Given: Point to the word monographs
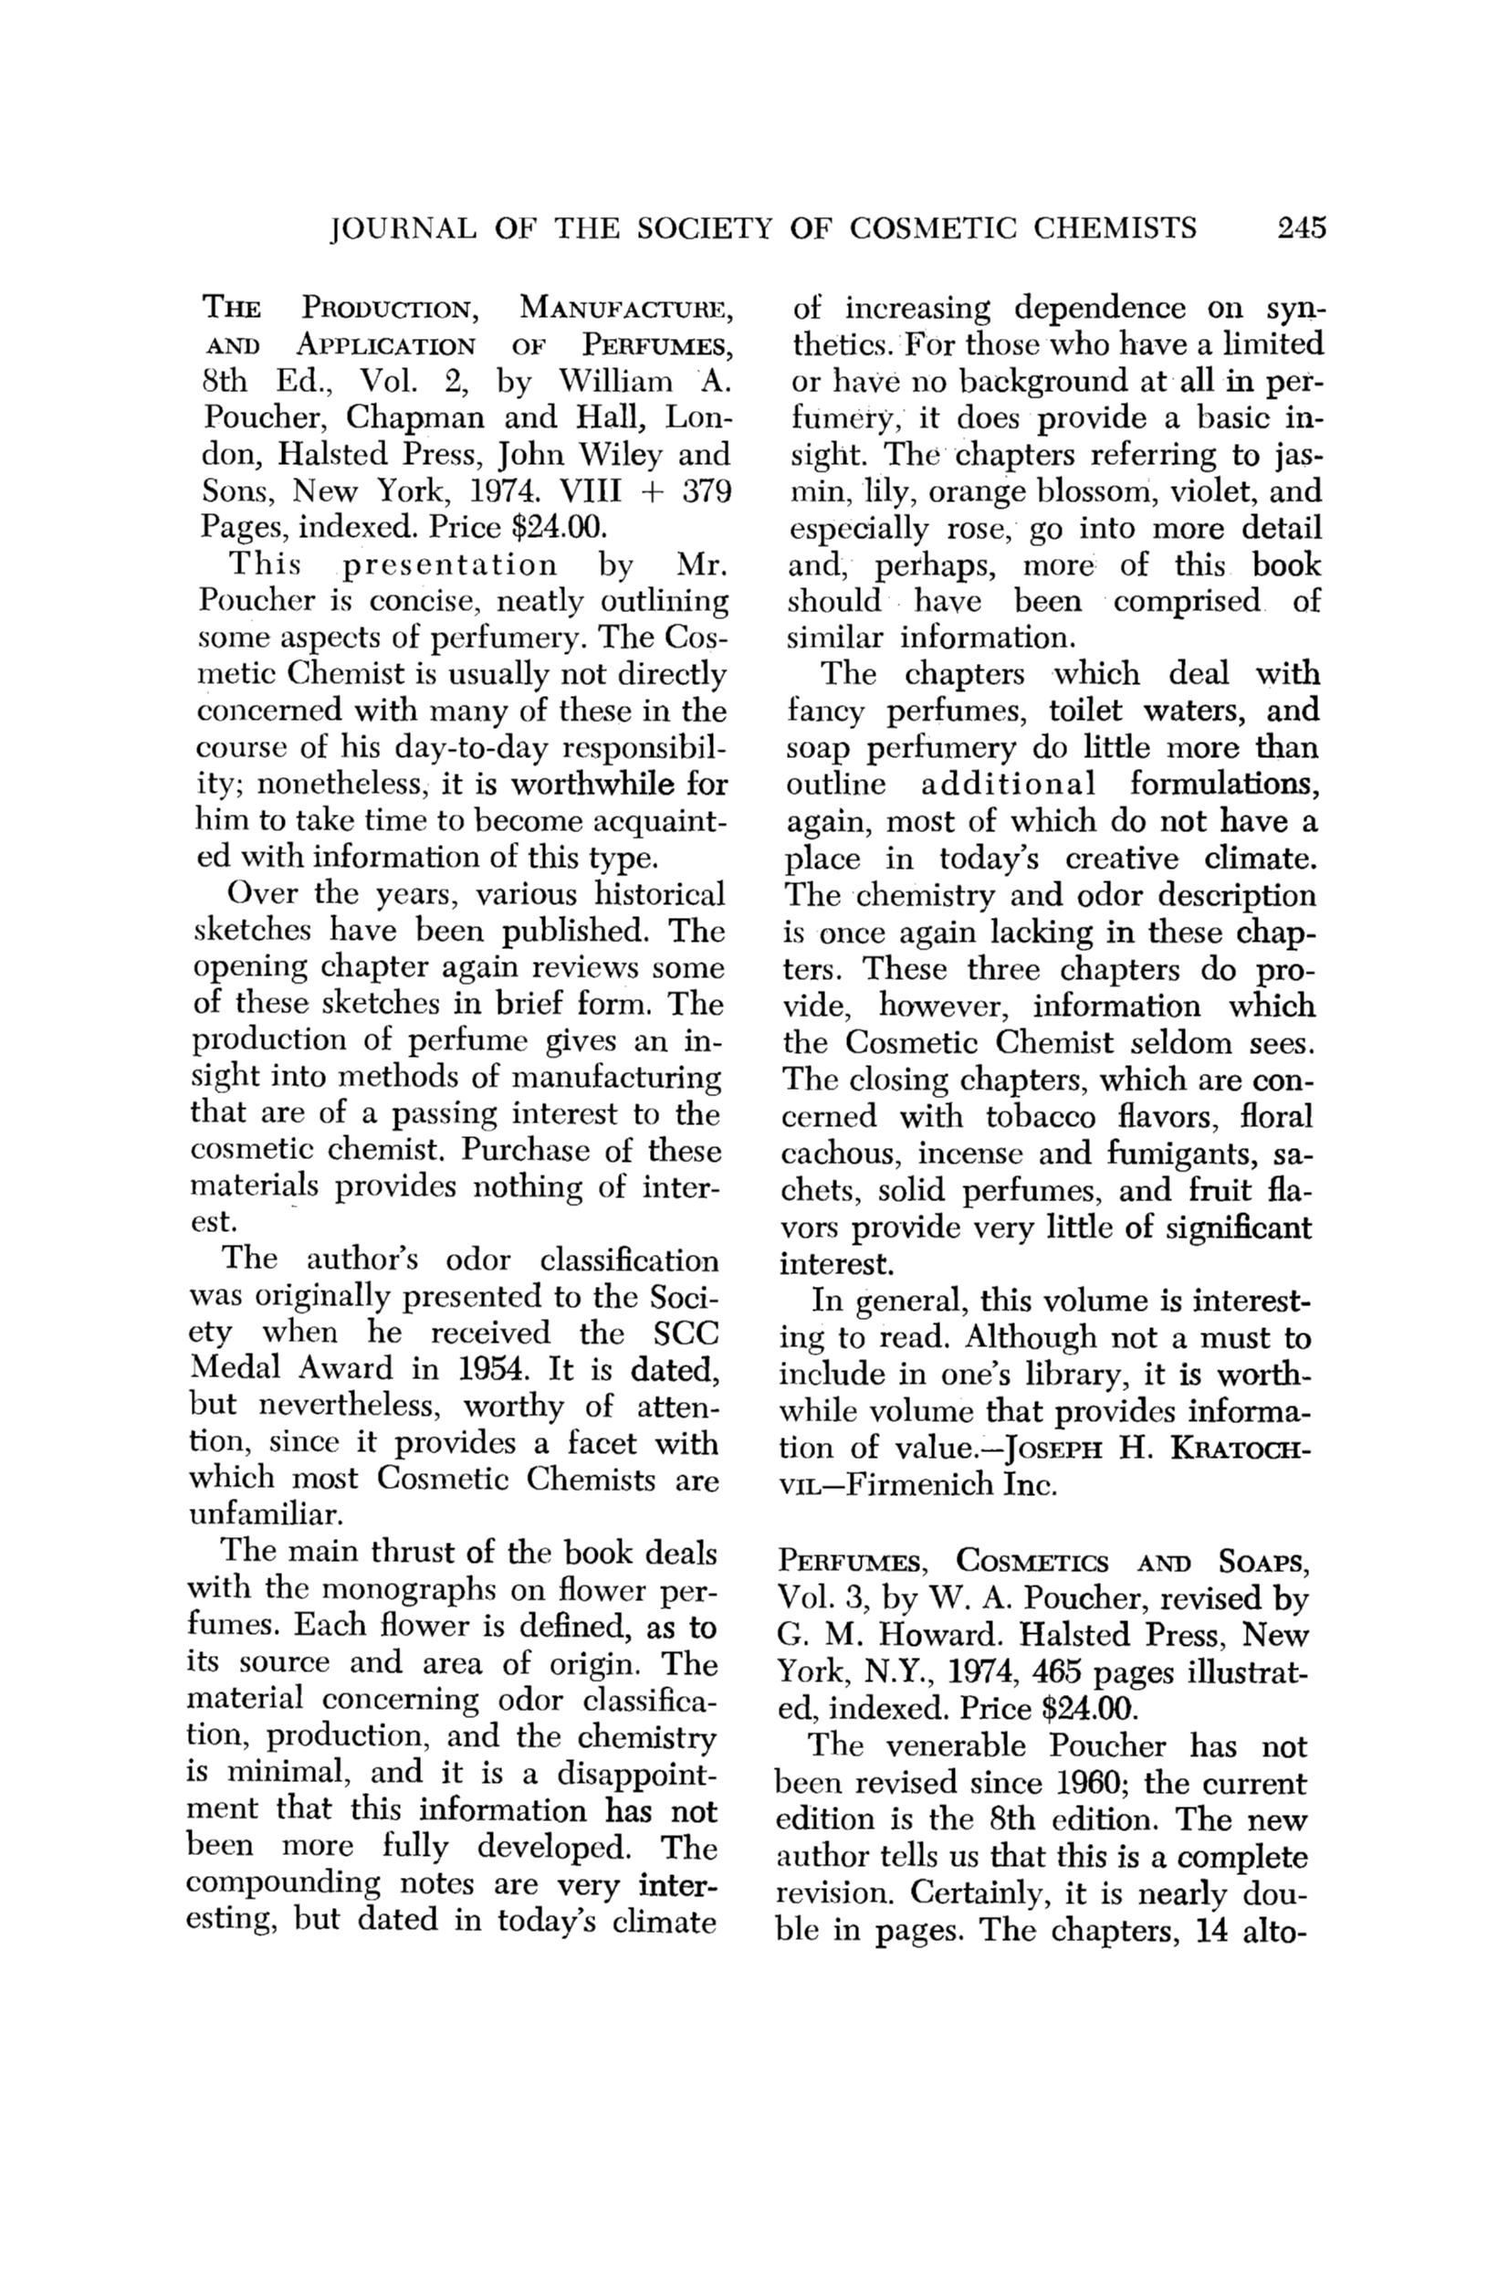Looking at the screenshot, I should point(415,1589).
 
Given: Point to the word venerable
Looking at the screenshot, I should point(958,1746).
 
